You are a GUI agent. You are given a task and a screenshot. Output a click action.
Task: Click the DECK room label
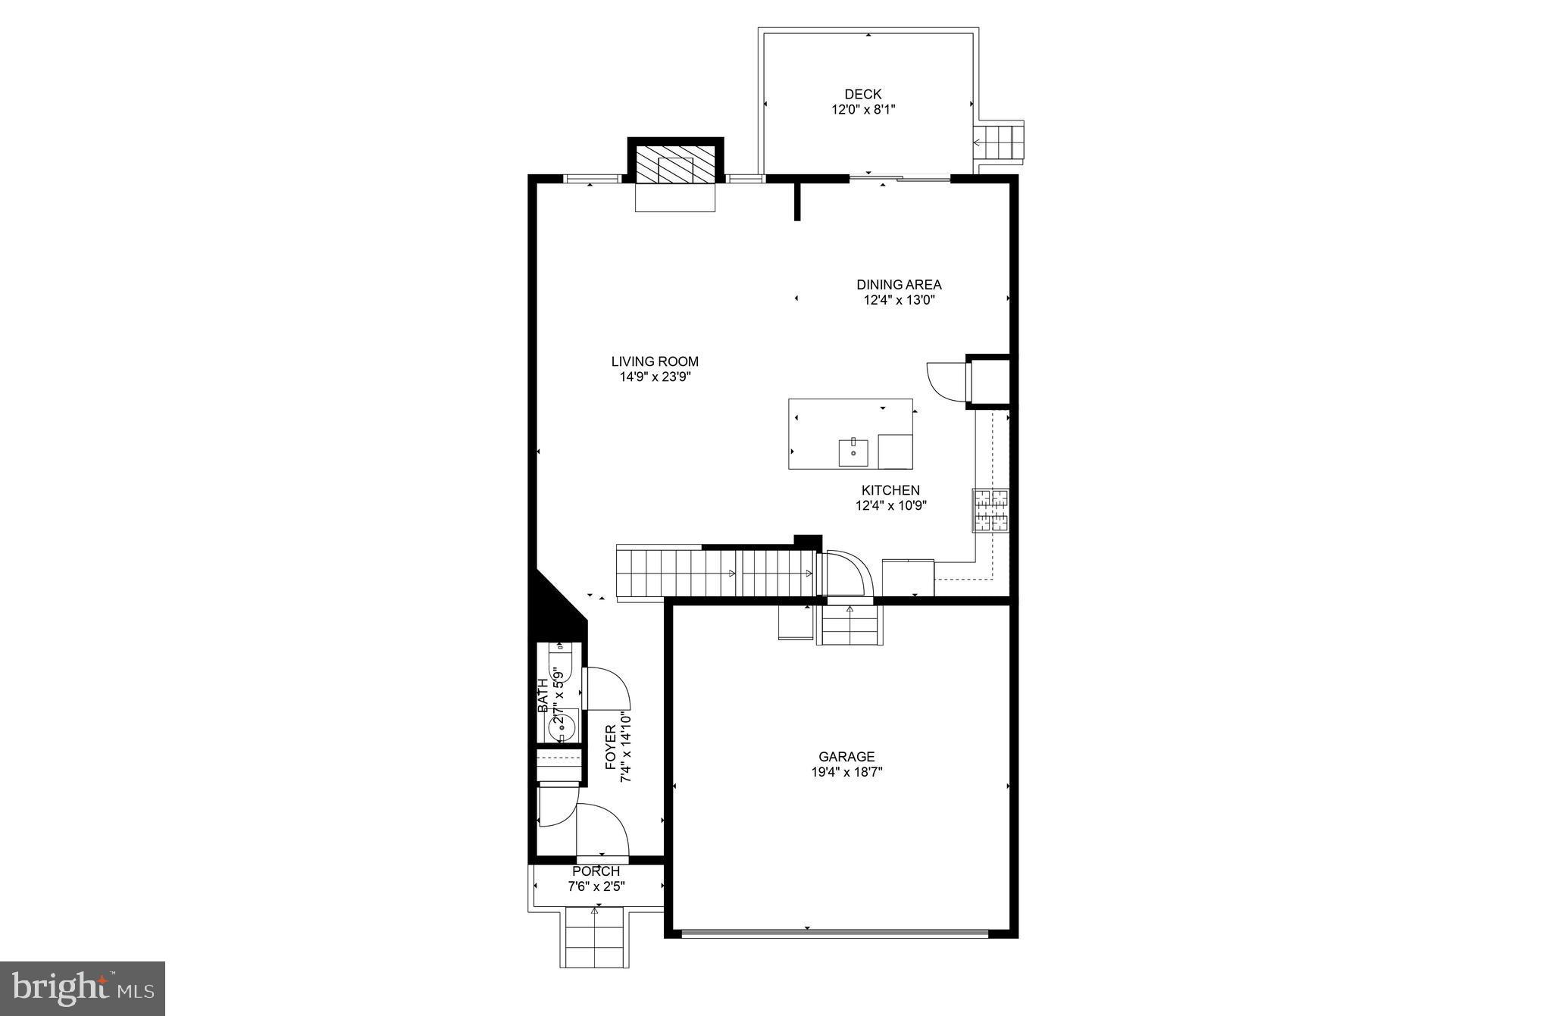click(863, 95)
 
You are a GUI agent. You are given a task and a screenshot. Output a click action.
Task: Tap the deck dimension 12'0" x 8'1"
click(863, 110)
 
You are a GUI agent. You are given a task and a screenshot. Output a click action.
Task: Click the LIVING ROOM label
click(655, 362)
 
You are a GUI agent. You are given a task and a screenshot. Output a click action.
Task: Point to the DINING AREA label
click(899, 285)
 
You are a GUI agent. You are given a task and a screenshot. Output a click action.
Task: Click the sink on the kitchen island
click(853, 452)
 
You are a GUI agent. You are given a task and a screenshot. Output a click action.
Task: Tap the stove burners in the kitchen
click(991, 510)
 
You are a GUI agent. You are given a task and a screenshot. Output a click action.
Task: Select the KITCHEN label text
click(890, 491)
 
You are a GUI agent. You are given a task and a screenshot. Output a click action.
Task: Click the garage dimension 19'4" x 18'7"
click(846, 772)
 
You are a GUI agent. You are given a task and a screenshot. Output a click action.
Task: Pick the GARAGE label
click(846, 757)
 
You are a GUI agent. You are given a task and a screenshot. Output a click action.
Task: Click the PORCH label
click(596, 872)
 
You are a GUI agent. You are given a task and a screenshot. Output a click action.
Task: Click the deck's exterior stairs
click(1000, 141)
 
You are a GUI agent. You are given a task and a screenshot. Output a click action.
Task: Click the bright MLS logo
click(83, 989)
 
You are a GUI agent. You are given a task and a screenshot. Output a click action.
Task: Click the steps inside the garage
click(850, 625)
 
